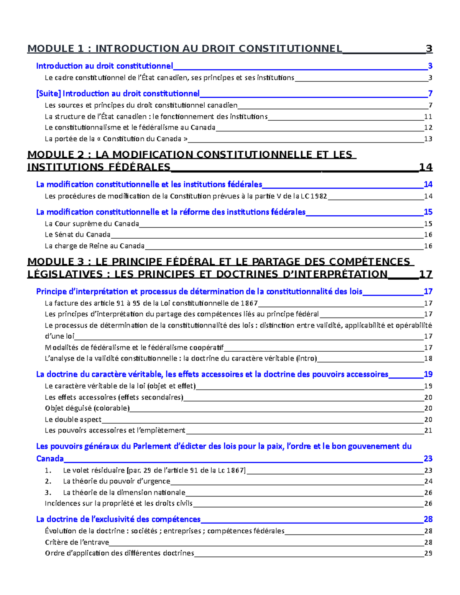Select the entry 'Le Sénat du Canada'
pyautogui.click(x=77, y=234)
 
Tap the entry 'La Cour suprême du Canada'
pyautogui.click(x=92, y=224)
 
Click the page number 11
pyautogui.click(x=428, y=117)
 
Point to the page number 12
pyautogui.click(x=428, y=128)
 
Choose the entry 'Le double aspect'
pyautogui.click(x=73, y=420)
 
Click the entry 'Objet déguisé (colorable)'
pyautogui.click(x=87, y=408)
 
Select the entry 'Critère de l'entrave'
pyautogui.click(x=77, y=542)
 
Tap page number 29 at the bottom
pyautogui.click(x=428, y=553)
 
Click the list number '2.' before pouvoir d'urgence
pyautogui.click(x=48, y=481)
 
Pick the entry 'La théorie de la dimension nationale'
pyautogui.click(x=124, y=492)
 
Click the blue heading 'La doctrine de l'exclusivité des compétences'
pyautogui.click(x=118, y=519)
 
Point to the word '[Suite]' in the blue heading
pyautogui.click(x=48, y=93)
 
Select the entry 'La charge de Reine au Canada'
pyautogui.click(x=94, y=246)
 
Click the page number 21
pyautogui.click(x=428, y=431)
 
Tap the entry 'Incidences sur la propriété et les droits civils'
pyautogui.click(x=118, y=503)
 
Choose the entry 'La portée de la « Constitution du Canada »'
pyautogui.click(x=116, y=139)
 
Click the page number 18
pyautogui.click(x=428, y=359)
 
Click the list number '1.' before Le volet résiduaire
pyautogui.click(x=48, y=470)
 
